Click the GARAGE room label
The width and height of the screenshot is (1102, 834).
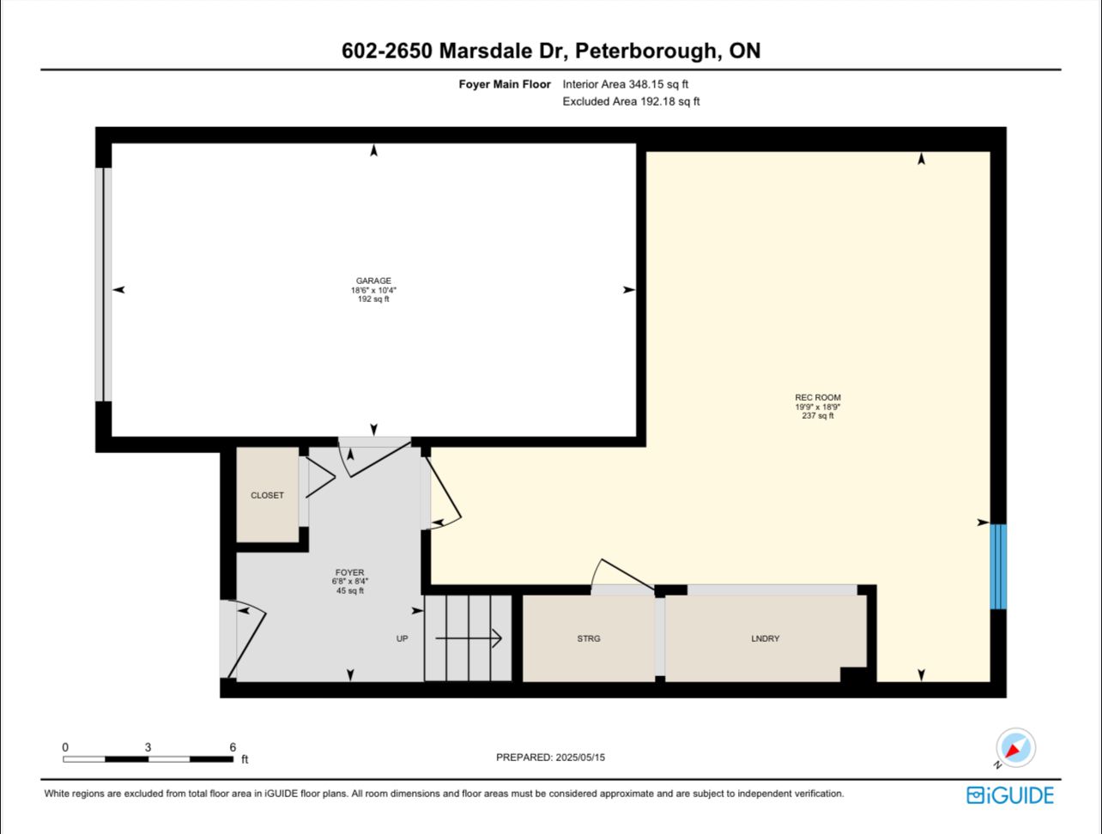(373, 281)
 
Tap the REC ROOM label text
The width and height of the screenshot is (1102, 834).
(818, 397)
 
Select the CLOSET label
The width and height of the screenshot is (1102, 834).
(267, 495)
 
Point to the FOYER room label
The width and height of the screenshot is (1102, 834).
(350, 572)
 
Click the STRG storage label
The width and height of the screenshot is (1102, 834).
(589, 638)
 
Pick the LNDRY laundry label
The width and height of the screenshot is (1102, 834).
(765, 638)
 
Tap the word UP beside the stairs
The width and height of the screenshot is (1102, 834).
(403, 638)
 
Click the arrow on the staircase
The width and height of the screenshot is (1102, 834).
(469, 638)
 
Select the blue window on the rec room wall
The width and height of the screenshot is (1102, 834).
(998, 566)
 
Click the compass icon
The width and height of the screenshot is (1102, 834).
(1015, 747)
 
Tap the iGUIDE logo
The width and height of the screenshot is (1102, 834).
(1009, 795)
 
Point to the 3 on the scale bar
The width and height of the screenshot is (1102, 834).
(148, 747)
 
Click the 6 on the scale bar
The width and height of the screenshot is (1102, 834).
(233, 747)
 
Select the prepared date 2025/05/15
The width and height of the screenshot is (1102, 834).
(580, 758)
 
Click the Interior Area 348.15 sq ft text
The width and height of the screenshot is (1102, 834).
(626, 84)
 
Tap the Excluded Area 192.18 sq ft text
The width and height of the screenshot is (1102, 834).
(631, 101)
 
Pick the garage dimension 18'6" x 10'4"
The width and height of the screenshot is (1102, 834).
(373, 290)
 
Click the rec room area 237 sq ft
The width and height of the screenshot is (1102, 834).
(818, 415)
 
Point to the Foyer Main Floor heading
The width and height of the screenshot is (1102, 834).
(505, 84)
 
